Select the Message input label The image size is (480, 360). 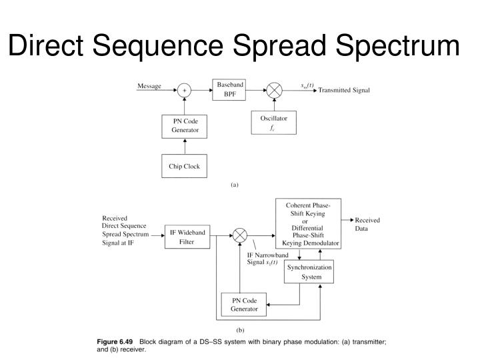point(149,86)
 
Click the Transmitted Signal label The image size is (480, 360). point(345,90)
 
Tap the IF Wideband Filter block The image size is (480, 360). point(187,237)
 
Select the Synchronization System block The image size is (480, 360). point(308,272)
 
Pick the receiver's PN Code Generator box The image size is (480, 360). point(243,304)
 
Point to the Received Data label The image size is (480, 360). point(367,223)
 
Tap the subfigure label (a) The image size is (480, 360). point(234,185)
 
